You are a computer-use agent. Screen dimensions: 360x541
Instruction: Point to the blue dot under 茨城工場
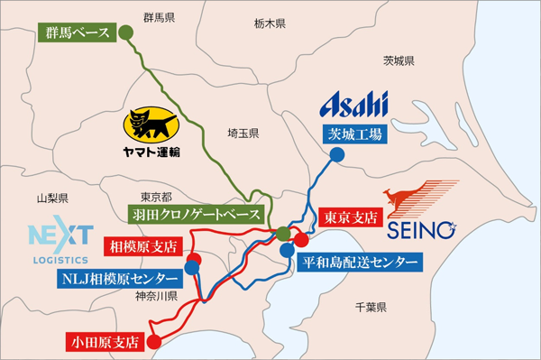click(x=335, y=154)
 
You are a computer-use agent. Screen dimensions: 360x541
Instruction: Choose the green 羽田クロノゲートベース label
click(x=197, y=216)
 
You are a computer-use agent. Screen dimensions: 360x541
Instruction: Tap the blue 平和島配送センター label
click(x=359, y=262)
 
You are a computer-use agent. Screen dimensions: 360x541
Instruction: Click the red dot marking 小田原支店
click(x=153, y=342)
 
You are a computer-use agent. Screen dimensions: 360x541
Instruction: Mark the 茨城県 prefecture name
click(x=399, y=61)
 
